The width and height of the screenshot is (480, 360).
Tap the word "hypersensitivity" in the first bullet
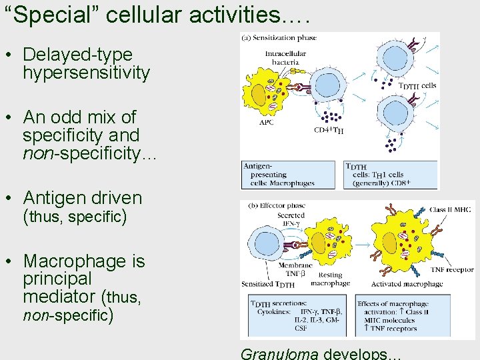click(86, 73)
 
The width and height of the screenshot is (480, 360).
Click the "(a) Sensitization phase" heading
click(279, 38)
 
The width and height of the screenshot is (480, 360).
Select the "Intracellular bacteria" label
click(285, 57)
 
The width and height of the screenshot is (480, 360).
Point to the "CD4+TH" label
click(328, 131)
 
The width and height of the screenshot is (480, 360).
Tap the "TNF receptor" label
click(452, 270)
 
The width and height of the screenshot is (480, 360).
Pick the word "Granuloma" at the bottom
click(279, 353)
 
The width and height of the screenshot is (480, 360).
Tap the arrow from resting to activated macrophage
click(364, 246)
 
